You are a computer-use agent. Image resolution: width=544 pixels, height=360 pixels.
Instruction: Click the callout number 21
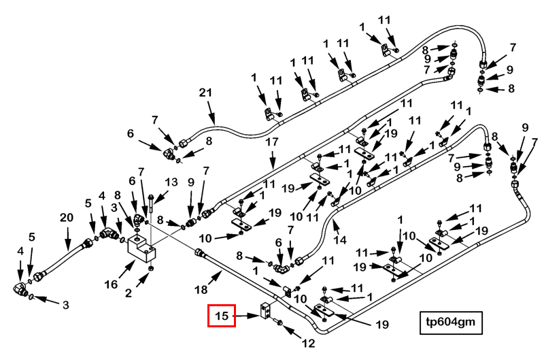point(205,93)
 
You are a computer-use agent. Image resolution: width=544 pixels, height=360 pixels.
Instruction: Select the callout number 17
point(272,142)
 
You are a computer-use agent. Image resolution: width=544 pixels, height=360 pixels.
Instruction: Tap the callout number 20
point(67,218)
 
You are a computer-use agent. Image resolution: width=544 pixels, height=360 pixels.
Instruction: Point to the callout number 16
point(111,284)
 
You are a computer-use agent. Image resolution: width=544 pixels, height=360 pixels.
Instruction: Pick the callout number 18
point(201,289)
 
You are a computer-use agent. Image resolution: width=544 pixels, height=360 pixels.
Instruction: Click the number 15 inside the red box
point(222,316)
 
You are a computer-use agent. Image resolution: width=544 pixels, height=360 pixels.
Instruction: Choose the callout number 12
point(308,344)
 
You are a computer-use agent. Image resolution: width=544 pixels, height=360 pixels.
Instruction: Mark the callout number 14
point(339,240)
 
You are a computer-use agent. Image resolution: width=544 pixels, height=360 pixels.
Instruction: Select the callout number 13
point(171,182)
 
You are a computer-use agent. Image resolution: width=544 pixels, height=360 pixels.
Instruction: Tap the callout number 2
point(129,293)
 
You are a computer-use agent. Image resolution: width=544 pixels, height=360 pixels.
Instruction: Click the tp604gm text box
point(451,323)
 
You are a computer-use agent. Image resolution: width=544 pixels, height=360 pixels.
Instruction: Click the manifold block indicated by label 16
point(142,248)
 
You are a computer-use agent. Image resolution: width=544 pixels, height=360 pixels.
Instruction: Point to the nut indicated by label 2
point(151,269)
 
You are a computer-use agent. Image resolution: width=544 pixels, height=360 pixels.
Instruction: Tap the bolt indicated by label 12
point(278,323)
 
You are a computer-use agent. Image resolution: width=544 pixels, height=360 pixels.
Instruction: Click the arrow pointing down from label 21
point(211,112)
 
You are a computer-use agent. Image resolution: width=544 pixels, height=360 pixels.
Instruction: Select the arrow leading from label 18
point(215,278)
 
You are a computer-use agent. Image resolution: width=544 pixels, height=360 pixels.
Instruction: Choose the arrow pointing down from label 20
point(68,238)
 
